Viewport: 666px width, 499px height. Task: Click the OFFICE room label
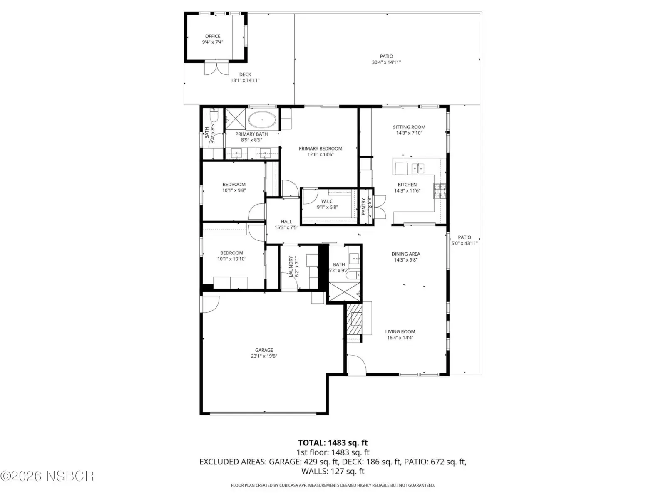(212, 36)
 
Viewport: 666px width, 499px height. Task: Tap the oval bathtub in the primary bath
(262, 120)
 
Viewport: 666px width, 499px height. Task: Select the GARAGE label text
(263, 350)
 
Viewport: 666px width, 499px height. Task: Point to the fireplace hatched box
(354, 319)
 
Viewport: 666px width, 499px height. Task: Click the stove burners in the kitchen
(439, 191)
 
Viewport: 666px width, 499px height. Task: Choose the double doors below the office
(216, 68)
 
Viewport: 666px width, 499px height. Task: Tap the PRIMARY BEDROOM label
(321, 148)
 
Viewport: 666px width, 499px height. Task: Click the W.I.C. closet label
(328, 201)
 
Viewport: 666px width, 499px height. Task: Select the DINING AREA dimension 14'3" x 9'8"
(406, 259)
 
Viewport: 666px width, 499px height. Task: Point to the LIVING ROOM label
(400, 332)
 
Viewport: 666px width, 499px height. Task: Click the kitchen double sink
(418, 168)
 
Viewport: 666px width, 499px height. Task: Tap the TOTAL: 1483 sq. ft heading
(333, 442)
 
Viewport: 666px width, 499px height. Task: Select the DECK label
(245, 74)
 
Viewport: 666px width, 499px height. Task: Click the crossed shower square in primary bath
(236, 119)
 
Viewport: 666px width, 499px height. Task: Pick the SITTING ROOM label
(409, 127)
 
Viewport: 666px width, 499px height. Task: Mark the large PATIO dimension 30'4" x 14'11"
(386, 62)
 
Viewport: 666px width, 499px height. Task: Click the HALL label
(286, 222)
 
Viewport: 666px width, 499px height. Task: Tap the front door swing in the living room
(356, 363)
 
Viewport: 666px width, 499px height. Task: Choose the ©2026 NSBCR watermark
(47, 476)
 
